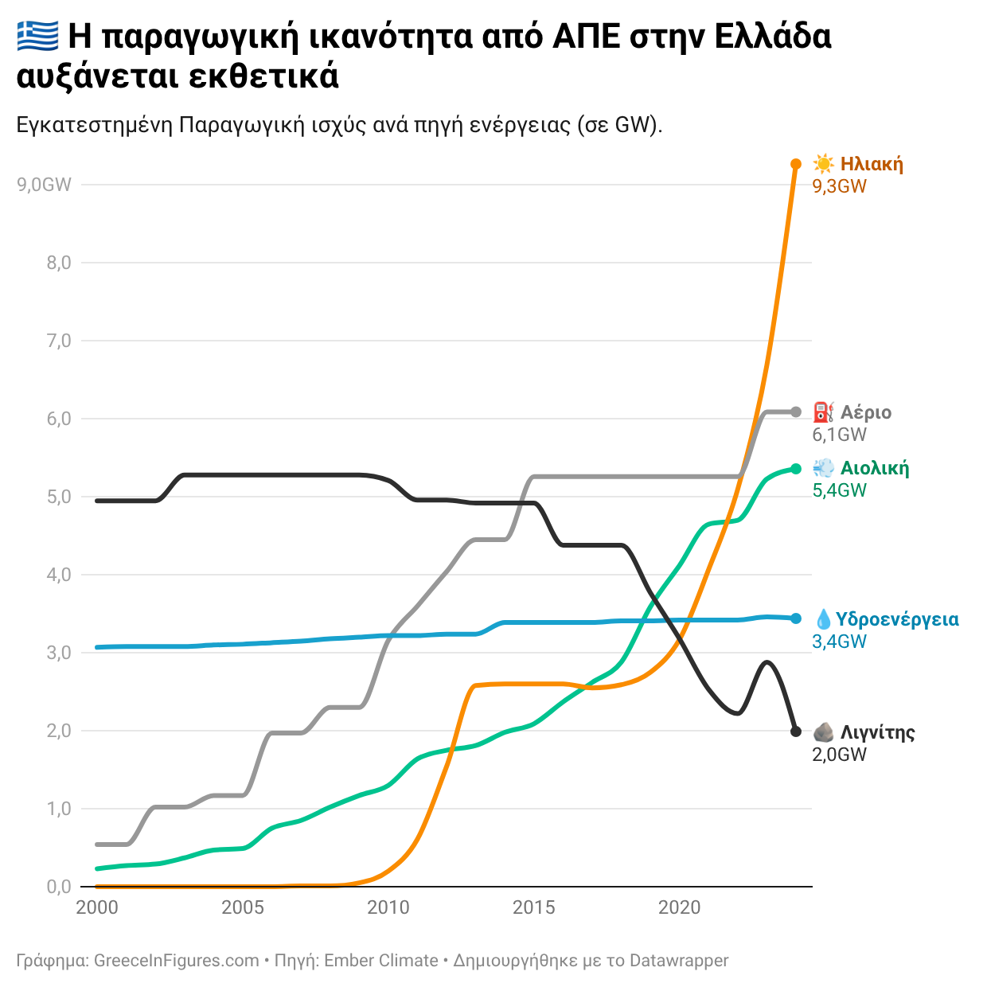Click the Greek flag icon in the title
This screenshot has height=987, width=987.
(37, 36)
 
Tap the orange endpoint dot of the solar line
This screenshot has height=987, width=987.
(795, 164)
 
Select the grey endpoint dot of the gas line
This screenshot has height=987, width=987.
(795, 412)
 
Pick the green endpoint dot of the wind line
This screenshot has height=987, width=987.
(795, 469)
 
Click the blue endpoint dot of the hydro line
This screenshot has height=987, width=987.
(795, 618)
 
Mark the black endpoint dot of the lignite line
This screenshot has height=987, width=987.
(795, 731)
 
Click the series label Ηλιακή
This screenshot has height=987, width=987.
(872, 165)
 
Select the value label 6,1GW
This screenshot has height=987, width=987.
(839, 435)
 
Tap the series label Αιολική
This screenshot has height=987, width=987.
(874, 468)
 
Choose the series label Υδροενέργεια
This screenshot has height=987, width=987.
(897, 619)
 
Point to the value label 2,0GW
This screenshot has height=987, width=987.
(839, 755)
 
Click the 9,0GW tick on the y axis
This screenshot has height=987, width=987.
(44, 185)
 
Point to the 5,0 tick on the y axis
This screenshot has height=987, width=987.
(59, 497)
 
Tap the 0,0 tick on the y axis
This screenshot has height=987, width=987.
(59, 887)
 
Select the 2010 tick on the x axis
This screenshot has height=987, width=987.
(388, 907)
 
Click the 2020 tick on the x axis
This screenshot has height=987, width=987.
(679, 907)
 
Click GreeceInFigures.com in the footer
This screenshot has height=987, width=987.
(176, 961)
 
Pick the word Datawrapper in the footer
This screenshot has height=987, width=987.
(678, 961)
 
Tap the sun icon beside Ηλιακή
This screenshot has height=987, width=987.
(823, 165)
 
